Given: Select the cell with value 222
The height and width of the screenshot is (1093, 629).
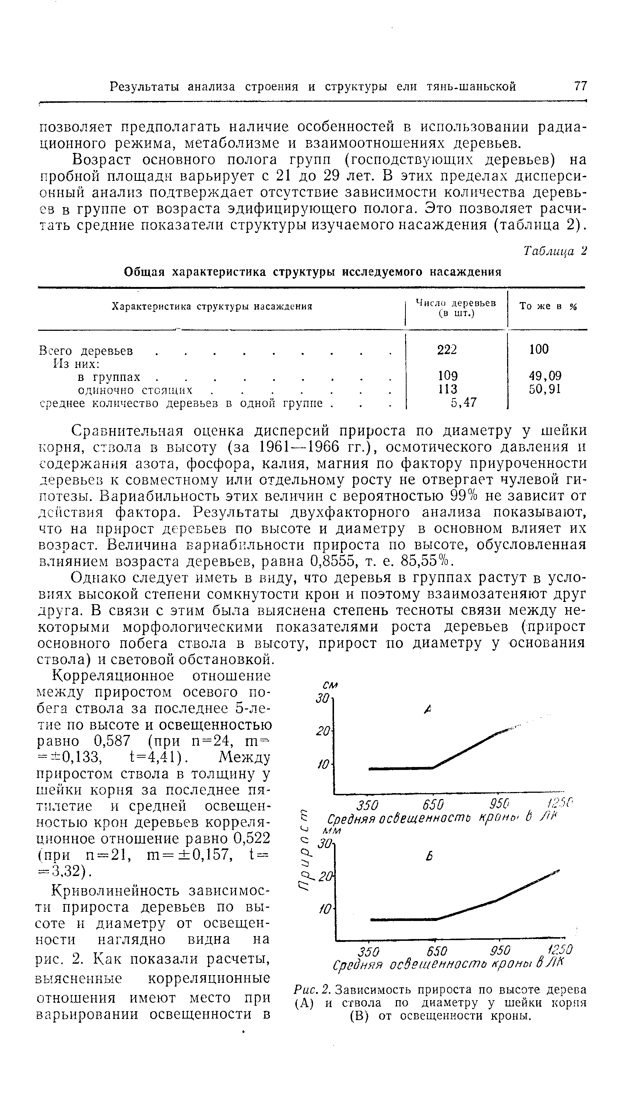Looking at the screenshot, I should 447,350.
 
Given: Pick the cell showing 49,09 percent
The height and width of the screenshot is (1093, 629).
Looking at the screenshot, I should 545,376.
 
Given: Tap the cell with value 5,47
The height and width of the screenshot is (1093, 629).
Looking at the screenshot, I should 464,403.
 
